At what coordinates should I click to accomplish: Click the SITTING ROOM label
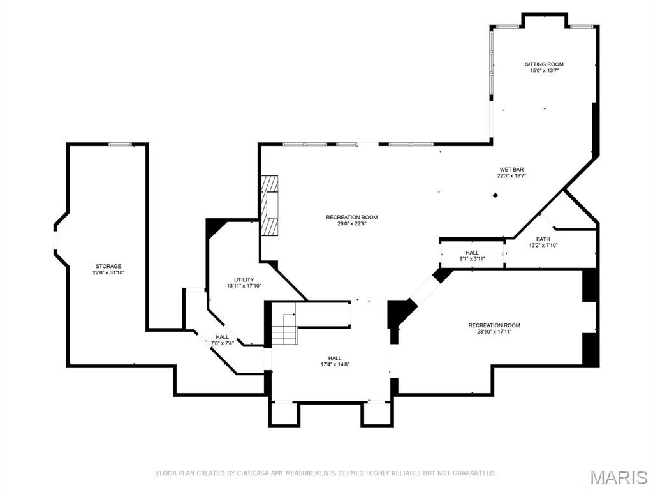544,64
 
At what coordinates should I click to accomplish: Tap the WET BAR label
511,169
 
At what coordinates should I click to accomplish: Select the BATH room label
543,239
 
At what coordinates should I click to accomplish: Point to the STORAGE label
108,266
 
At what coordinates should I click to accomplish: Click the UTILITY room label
244,279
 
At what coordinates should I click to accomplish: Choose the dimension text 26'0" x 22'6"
352,224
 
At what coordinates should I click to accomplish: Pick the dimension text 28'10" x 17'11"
494,331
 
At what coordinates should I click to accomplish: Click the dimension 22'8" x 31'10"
108,272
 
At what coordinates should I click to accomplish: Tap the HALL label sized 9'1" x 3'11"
472,253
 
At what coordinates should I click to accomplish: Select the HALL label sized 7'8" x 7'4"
222,337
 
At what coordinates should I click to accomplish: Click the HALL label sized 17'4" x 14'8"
335,358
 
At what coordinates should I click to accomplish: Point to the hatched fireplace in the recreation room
272,205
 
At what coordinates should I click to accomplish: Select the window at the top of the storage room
120,145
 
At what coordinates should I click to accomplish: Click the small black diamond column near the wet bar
495,195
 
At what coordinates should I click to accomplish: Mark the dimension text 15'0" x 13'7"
544,71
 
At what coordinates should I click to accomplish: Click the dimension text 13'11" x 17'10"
244,286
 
